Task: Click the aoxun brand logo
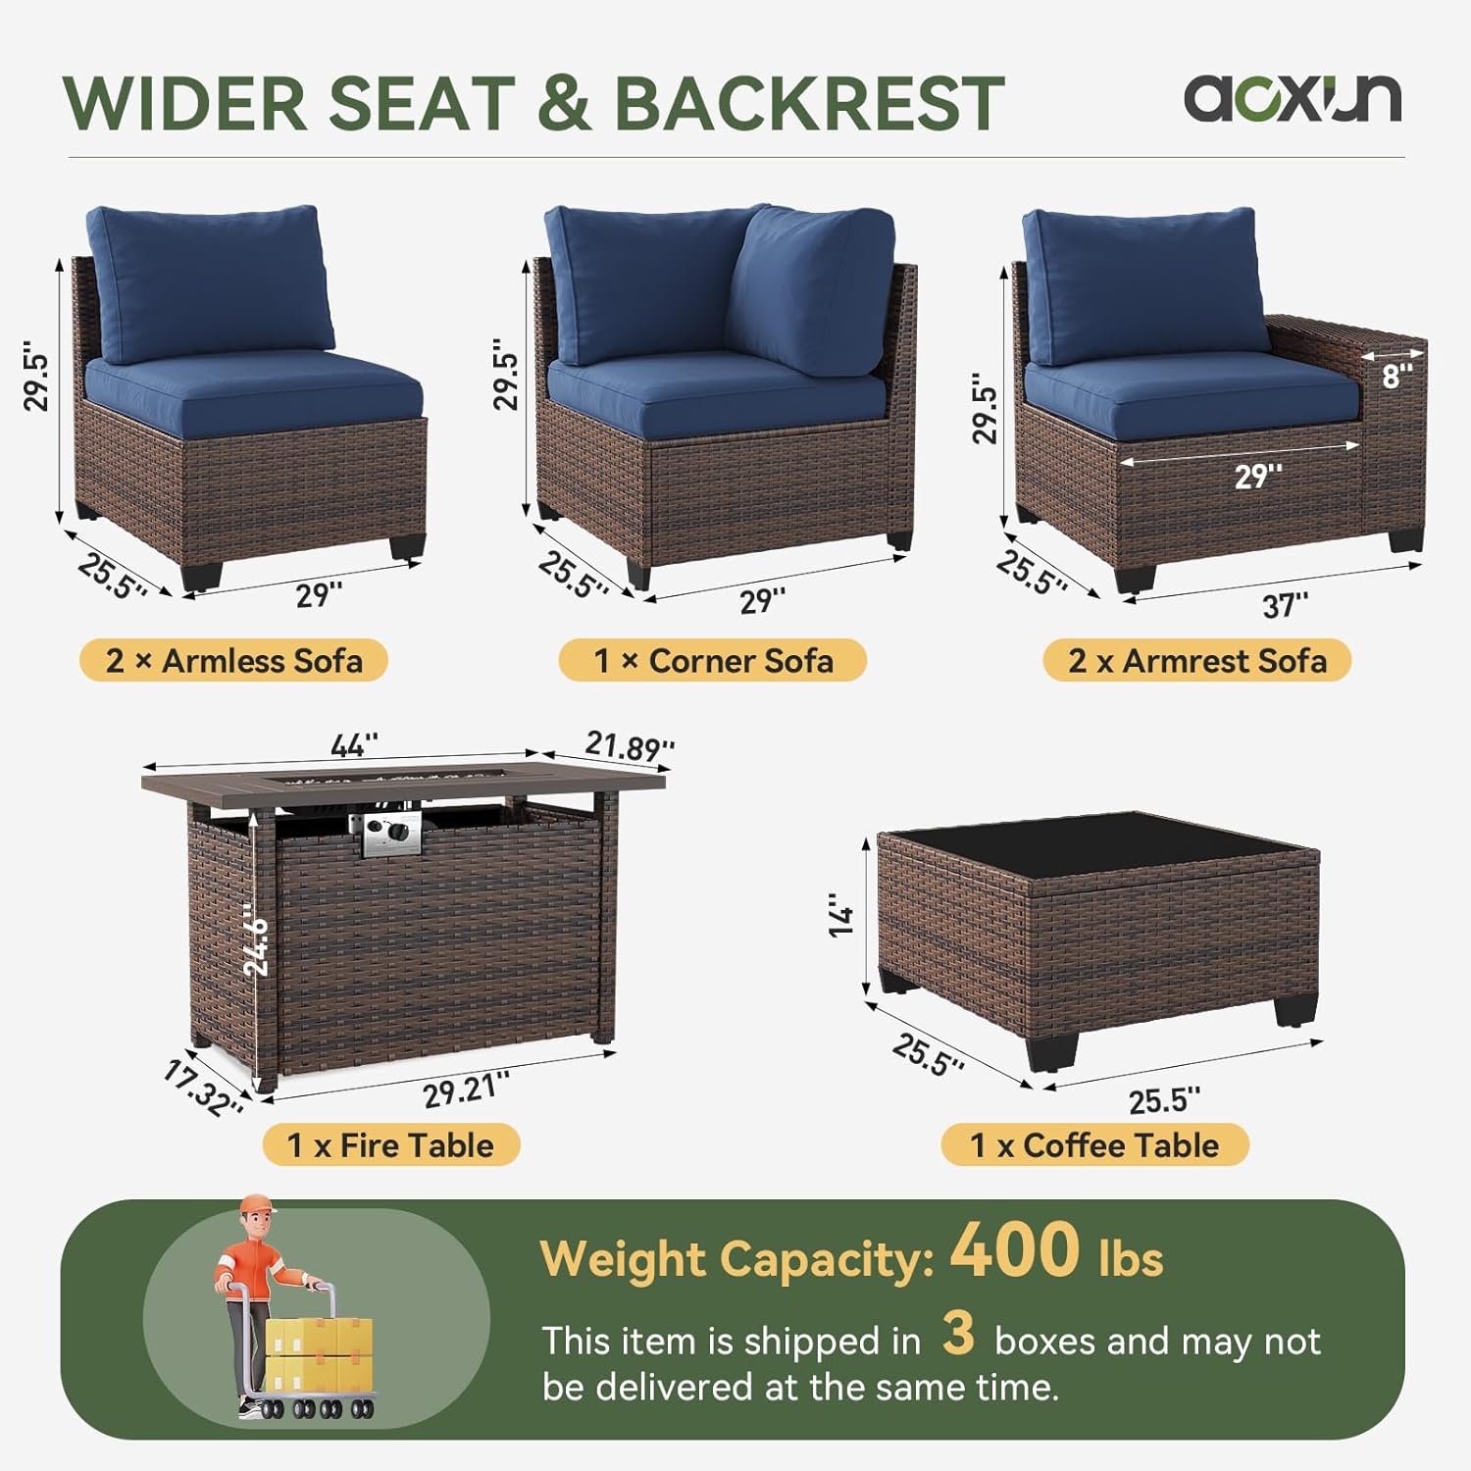click(x=1293, y=99)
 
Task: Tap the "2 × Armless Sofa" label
click(x=233, y=660)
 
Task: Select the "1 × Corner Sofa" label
click(x=713, y=660)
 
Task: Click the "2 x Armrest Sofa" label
click(x=1196, y=660)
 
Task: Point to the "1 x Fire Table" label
click(x=390, y=1144)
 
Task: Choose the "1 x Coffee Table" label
click(x=1094, y=1144)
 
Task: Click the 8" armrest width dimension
click(x=1397, y=375)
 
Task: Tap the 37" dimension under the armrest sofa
click(x=1285, y=605)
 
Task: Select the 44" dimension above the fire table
click(x=354, y=745)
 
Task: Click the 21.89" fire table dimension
click(x=630, y=747)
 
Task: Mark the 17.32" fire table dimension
click(x=203, y=1089)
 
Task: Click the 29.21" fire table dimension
click(x=467, y=1090)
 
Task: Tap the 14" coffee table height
click(x=841, y=915)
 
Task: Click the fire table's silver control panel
click(x=392, y=834)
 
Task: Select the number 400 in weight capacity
click(x=1014, y=1250)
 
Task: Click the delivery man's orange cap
click(x=258, y=1203)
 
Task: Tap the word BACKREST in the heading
click(x=809, y=103)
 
